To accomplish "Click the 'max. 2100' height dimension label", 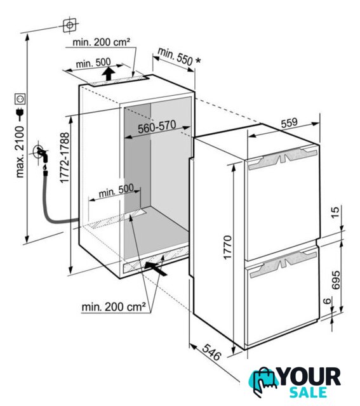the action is pyautogui.click(x=20, y=152).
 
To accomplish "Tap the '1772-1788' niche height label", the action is pyautogui.click(x=65, y=158).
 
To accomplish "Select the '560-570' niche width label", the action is pyautogui.click(x=157, y=127).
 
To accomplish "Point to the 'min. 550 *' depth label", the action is pyautogui.click(x=179, y=57).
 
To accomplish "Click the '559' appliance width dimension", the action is pyautogui.click(x=290, y=122).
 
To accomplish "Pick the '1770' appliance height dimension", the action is pyautogui.click(x=227, y=247).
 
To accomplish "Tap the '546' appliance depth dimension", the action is pyautogui.click(x=211, y=352).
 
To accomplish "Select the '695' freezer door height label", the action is pyautogui.click(x=336, y=280).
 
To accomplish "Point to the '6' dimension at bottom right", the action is pyautogui.click(x=328, y=301).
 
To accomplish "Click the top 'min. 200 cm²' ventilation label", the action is pyautogui.click(x=101, y=42).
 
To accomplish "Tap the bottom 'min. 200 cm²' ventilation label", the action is pyautogui.click(x=114, y=307).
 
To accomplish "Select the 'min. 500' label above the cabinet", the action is pyautogui.click(x=93, y=63).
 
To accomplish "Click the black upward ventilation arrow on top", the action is pyautogui.click(x=109, y=73).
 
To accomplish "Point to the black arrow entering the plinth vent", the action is pyautogui.click(x=156, y=268).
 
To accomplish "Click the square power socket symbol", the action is pyautogui.click(x=20, y=99).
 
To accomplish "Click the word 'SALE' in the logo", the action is pyautogui.click(x=308, y=392).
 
